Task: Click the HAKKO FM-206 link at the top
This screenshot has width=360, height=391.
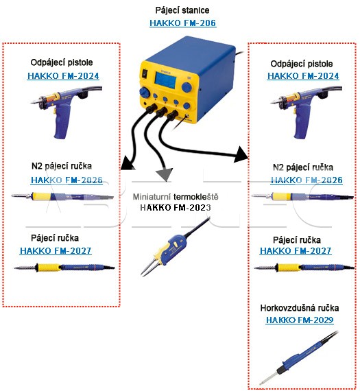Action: click(182, 23)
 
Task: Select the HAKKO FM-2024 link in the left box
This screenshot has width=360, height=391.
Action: click(63, 76)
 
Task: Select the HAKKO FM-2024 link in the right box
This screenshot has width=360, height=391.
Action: click(303, 76)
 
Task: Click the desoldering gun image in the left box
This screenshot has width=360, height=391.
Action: click(67, 112)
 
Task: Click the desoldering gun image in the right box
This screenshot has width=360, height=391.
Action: click(307, 112)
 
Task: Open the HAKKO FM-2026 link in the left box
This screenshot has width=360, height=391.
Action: click(67, 180)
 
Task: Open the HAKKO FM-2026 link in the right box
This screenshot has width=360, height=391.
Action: click(307, 180)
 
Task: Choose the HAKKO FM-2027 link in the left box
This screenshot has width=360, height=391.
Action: click(56, 250)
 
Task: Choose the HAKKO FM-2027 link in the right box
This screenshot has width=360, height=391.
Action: click(296, 250)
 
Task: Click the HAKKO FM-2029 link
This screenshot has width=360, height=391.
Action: click(300, 320)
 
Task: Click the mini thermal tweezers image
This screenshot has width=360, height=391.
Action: click(175, 248)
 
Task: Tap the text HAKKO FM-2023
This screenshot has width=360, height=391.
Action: click(176, 207)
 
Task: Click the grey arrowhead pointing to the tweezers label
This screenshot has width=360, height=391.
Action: click(165, 174)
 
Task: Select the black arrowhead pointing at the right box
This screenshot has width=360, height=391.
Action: click(241, 154)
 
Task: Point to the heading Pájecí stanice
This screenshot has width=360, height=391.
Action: click(182, 10)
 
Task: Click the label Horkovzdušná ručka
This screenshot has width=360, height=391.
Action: click(300, 308)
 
